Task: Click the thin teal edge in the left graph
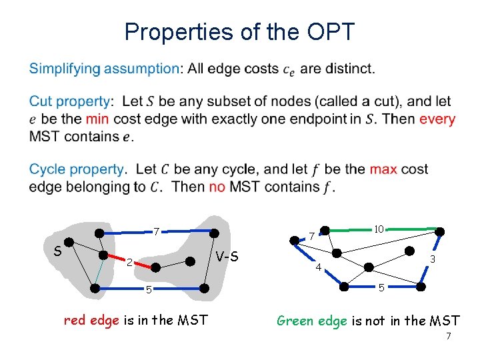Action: (99, 271)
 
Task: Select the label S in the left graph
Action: (58, 251)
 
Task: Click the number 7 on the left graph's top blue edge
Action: (156, 233)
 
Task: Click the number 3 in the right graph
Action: (433, 259)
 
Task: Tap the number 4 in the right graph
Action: (318, 268)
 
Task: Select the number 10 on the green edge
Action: (378, 229)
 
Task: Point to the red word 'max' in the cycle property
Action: (383, 169)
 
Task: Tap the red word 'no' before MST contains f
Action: (217, 187)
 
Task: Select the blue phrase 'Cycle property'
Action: (76, 169)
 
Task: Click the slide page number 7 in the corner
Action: (448, 336)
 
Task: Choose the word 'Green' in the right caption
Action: (294, 320)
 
